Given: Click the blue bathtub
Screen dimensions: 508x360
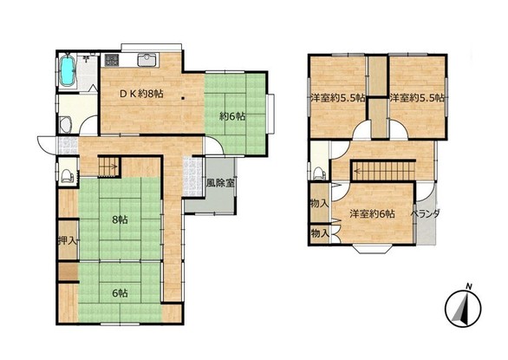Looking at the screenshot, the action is click(68, 71).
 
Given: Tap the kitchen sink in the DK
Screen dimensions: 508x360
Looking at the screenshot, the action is click(147, 60).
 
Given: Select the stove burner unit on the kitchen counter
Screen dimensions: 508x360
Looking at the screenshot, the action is click(111, 60).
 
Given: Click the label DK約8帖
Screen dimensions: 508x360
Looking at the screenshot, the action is click(141, 94).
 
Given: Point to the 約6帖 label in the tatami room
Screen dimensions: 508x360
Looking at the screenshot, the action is click(232, 116).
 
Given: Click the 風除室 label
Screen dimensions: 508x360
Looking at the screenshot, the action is click(221, 183).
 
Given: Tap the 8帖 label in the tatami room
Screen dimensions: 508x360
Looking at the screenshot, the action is click(120, 219).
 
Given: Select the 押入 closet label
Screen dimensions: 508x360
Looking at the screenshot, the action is click(68, 240).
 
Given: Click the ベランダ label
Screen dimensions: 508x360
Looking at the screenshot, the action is click(426, 213).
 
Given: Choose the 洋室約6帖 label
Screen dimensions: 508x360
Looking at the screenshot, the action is click(372, 214).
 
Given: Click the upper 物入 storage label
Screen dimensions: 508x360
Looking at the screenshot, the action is click(319, 204).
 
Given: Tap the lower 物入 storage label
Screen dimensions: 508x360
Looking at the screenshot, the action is click(320, 232).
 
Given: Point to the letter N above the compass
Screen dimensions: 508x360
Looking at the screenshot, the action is click(468, 286).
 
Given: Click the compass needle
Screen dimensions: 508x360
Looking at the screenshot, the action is click(463, 309).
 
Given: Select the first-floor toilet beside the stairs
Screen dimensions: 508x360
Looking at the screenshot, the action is click(68, 176).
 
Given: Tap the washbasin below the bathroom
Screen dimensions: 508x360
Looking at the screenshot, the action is click(66, 125).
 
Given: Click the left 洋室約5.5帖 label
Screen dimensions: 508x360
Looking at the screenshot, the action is click(338, 98).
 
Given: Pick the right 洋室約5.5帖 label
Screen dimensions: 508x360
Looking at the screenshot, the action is click(417, 98).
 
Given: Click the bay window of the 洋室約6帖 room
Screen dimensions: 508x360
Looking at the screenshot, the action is click(372, 248).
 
